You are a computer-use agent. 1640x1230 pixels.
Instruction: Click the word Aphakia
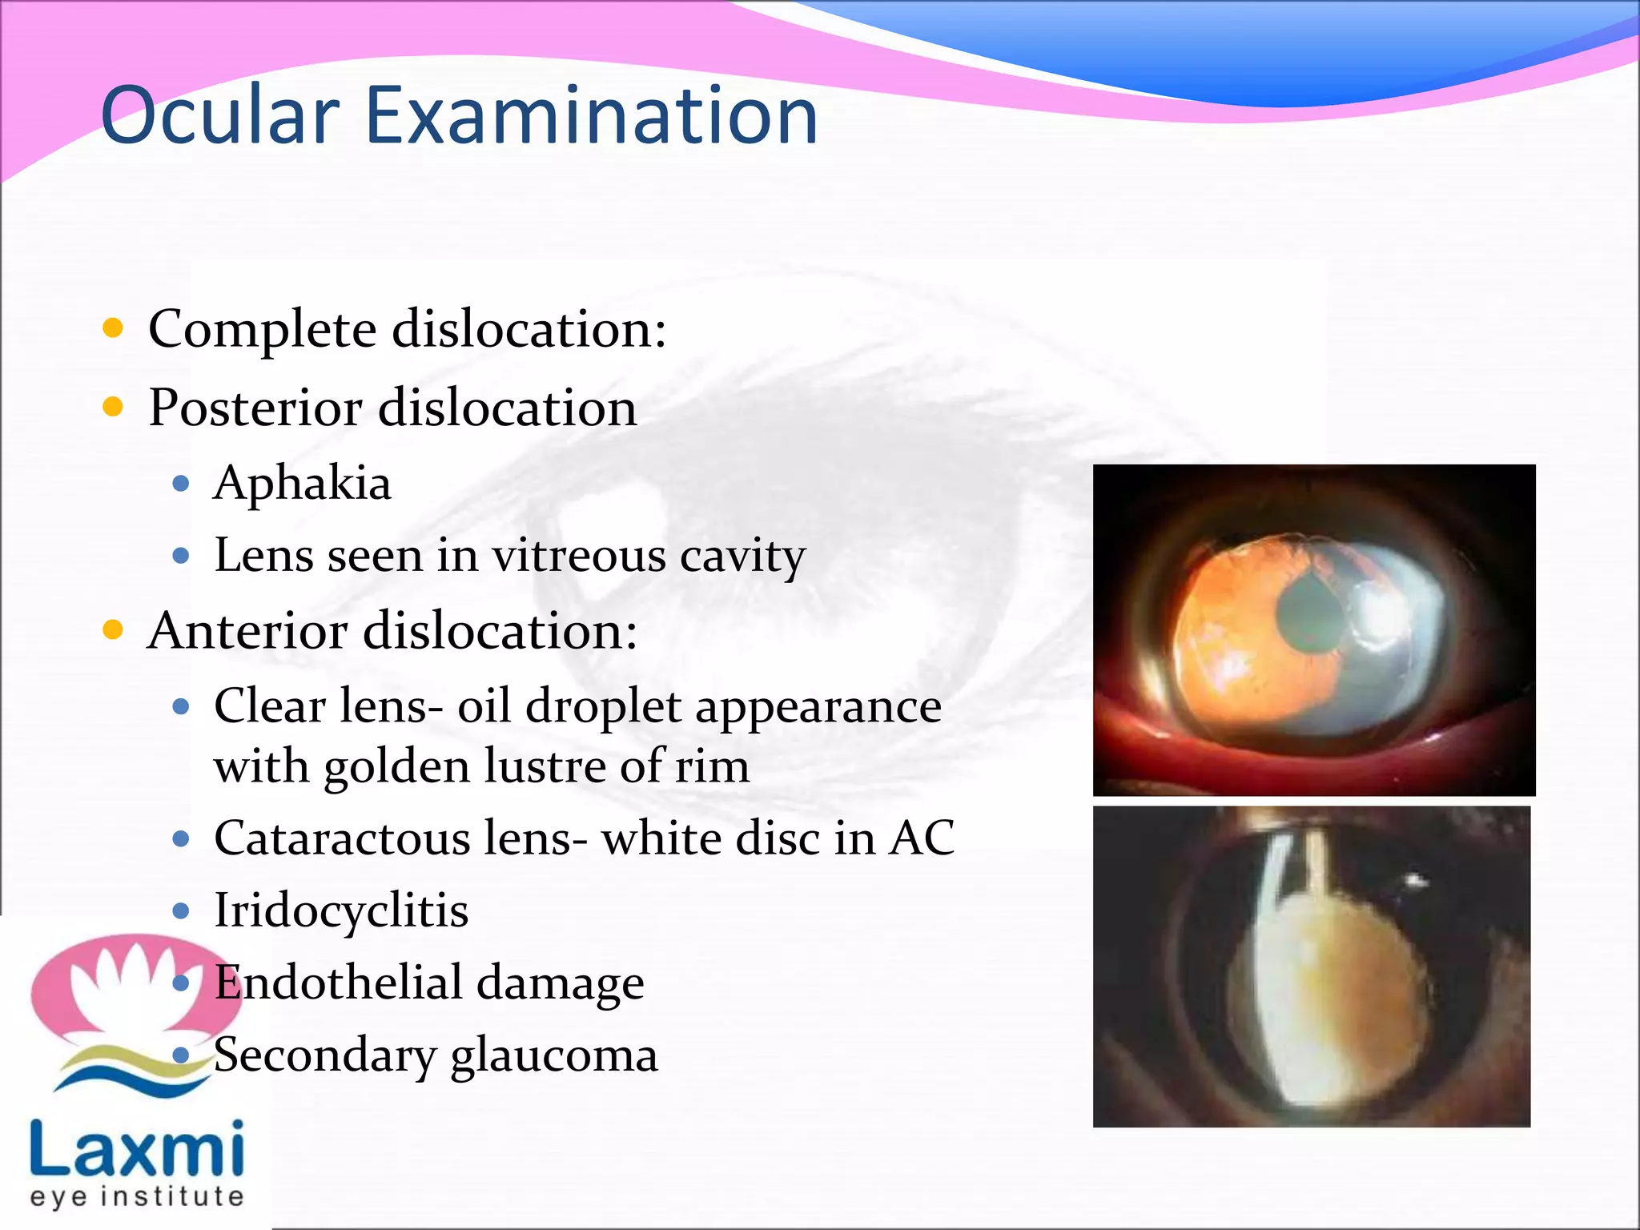click(303, 484)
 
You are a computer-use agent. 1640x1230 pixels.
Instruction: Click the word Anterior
click(248, 631)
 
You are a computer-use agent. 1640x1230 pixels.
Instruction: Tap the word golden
click(397, 766)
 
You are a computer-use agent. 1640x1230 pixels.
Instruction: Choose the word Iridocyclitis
click(341, 910)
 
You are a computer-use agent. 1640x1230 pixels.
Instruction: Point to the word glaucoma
click(554, 1055)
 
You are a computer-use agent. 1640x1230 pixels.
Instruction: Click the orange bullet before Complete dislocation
click(114, 328)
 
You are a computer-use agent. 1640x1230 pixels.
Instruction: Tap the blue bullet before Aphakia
click(181, 484)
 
